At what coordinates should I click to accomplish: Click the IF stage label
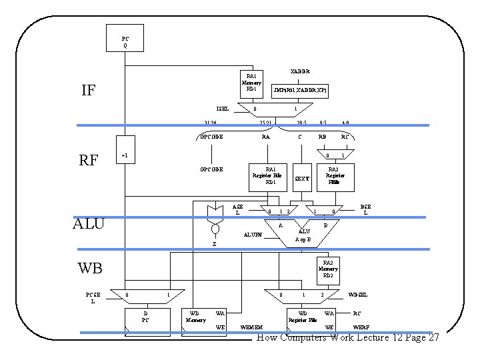click(88, 91)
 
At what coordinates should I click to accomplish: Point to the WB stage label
click(90, 269)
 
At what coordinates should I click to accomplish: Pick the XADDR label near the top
click(299, 71)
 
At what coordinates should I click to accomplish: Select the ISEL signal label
click(222, 108)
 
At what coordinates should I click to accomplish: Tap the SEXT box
click(302, 179)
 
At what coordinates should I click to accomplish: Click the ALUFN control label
click(253, 235)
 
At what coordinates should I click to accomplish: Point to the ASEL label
click(237, 209)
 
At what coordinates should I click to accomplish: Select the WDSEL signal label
click(358, 295)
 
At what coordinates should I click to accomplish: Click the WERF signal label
click(361, 327)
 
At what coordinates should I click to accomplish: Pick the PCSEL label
click(93, 297)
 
